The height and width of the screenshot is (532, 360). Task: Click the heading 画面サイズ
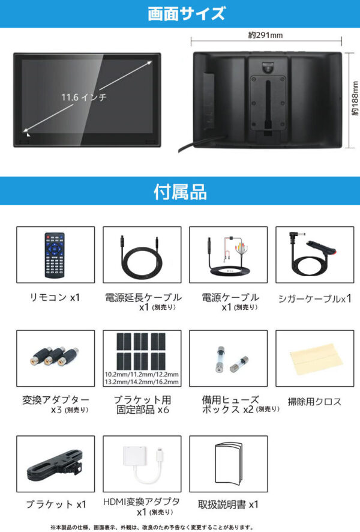[179, 13]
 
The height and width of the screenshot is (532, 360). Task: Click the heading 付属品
[179, 192]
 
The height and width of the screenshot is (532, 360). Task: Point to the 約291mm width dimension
[265, 35]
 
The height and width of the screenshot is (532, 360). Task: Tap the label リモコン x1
[55, 297]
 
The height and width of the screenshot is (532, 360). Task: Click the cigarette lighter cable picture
[313, 254]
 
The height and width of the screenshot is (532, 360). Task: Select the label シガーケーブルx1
[314, 298]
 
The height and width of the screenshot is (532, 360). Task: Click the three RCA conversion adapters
[55, 357]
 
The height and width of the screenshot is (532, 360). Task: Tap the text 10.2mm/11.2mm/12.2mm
[142, 373]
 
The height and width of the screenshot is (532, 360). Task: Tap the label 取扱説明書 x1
[228, 504]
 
